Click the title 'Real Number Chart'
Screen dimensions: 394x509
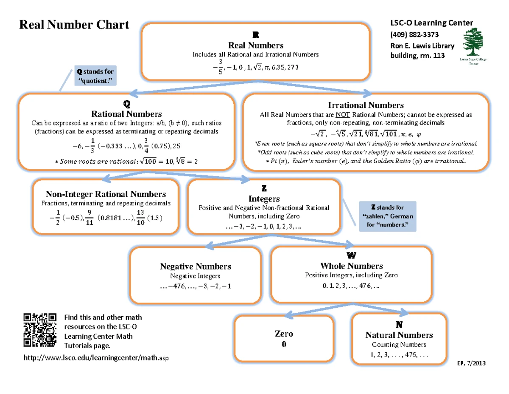click(x=74, y=25)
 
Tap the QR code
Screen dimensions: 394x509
click(x=40, y=330)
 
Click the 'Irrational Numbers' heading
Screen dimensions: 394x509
click(x=366, y=105)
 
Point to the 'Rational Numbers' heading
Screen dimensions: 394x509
click(x=126, y=114)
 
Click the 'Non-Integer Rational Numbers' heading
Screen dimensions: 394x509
click(x=106, y=194)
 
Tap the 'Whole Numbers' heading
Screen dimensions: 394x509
click(x=352, y=266)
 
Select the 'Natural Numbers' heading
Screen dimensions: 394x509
click(x=399, y=335)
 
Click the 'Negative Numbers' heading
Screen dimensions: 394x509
click(x=195, y=266)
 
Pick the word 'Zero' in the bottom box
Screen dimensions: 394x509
click(x=284, y=334)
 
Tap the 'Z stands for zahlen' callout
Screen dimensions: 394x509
click(x=388, y=216)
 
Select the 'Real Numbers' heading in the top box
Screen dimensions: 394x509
click(x=256, y=45)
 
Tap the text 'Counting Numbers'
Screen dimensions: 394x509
click(x=399, y=344)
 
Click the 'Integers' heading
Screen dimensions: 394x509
click(x=264, y=198)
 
